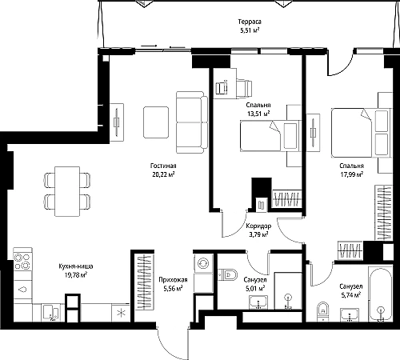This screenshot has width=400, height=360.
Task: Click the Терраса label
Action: point(250,22)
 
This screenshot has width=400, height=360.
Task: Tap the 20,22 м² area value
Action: point(162,174)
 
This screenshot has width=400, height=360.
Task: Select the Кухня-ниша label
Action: point(76,266)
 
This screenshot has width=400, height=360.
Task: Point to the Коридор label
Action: point(258,226)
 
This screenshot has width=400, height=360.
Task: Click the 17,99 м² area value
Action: point(351,174)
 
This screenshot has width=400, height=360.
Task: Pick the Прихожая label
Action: point(173,280)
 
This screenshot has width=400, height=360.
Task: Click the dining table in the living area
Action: point(67,191)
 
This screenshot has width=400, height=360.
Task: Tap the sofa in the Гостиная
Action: point(192,122)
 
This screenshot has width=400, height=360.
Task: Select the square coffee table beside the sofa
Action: point(156,122)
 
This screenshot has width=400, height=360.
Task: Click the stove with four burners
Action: point(22,262)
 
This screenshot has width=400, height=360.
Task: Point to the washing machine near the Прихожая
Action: point(203,263)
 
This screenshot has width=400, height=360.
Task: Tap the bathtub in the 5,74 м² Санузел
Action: point(380,294)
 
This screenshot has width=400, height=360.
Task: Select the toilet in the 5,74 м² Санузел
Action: point(323,311)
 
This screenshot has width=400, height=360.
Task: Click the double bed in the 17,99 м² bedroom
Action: point(362,133)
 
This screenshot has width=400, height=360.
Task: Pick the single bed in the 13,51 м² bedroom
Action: point(270,136)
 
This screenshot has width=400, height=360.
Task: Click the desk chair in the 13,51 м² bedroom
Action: point(244,88)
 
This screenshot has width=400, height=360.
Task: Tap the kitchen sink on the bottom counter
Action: point(50,313)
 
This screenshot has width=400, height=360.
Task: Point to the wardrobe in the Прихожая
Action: point(144,282)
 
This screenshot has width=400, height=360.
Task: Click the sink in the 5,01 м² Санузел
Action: point(258,302)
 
